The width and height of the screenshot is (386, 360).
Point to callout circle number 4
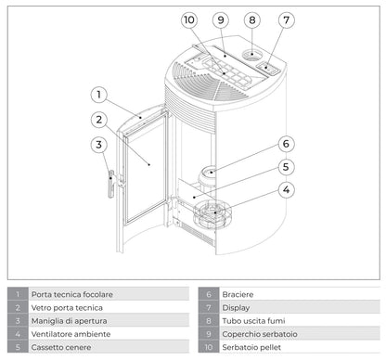tap(287, 189)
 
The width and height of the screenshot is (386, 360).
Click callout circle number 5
tap(287, 167)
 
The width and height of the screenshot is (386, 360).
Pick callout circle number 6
tap(287, 144)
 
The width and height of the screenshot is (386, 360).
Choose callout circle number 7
tap(287, 19)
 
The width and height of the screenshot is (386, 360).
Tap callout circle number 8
tap(252, 19)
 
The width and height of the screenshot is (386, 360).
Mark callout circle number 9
tap(220, 19)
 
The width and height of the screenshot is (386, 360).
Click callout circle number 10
tap(189, 19)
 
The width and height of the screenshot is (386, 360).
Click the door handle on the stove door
tap(111, 183)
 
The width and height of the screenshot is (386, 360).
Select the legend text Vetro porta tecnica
tap(68, 306)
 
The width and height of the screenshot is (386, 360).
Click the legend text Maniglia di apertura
tap(71, 319)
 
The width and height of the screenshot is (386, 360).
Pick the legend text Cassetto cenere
tap(62, 346)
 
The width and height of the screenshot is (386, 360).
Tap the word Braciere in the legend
tap(238, 293)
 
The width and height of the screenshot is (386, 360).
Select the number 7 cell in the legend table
tap(207, 306)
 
